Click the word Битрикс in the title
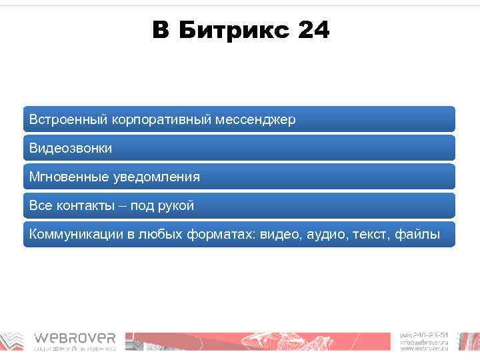click(230, 31)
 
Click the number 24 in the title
click(314, 31)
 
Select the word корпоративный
click(161, 120)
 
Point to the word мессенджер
click(256, 120)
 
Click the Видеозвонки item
click(71, 149)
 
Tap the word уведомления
click(158, 177)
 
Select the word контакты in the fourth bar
click(86, 206)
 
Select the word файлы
click(418, 235)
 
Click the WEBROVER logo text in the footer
click(75, 338)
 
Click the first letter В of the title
click(161, 31)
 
